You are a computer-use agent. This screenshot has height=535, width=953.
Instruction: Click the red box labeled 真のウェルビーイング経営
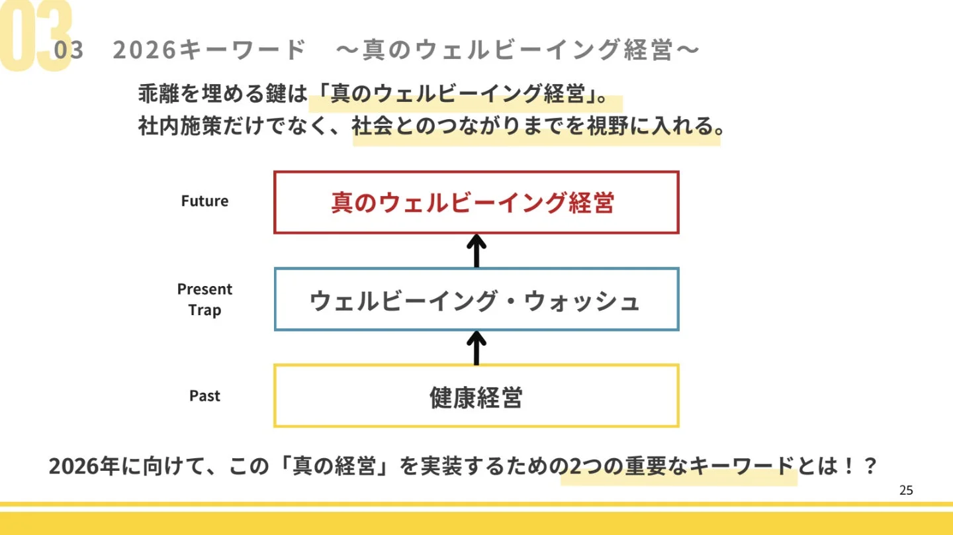pos(476,203)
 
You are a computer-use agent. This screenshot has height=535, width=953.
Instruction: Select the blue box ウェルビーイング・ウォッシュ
pos(476,300)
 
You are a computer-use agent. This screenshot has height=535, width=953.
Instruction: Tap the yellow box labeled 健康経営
pos(476,397)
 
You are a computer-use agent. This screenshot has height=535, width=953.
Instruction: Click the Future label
pos(204,201)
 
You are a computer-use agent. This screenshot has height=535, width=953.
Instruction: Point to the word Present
pos(204,289)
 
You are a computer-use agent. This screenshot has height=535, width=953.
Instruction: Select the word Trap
pos(204,310)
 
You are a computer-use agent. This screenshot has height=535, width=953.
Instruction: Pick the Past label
pos(204,396)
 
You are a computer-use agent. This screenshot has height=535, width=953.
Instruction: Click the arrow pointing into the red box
pos(476,250)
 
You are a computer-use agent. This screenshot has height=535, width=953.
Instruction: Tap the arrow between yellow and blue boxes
pos(476,347)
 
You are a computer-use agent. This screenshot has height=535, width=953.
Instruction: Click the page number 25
pos(906,491)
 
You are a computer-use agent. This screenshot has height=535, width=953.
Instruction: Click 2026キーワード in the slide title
pos(209,50)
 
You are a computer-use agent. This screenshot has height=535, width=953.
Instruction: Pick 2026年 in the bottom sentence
pos(83,466)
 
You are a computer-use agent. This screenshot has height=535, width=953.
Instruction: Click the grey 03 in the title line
pos(69,50)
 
